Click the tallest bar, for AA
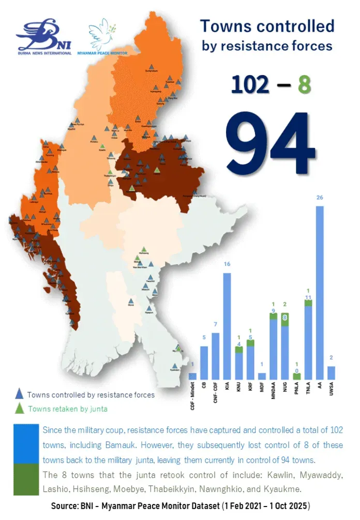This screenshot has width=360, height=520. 320,292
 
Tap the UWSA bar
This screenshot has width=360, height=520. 332,373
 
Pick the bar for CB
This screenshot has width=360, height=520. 204,363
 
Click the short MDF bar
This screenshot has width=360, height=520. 262,376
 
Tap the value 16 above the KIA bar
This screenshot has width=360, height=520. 226,265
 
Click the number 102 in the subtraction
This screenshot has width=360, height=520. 250,84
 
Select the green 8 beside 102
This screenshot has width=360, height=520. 304,84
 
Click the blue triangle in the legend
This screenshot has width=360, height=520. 19,394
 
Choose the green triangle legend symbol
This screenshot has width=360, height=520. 19,409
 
